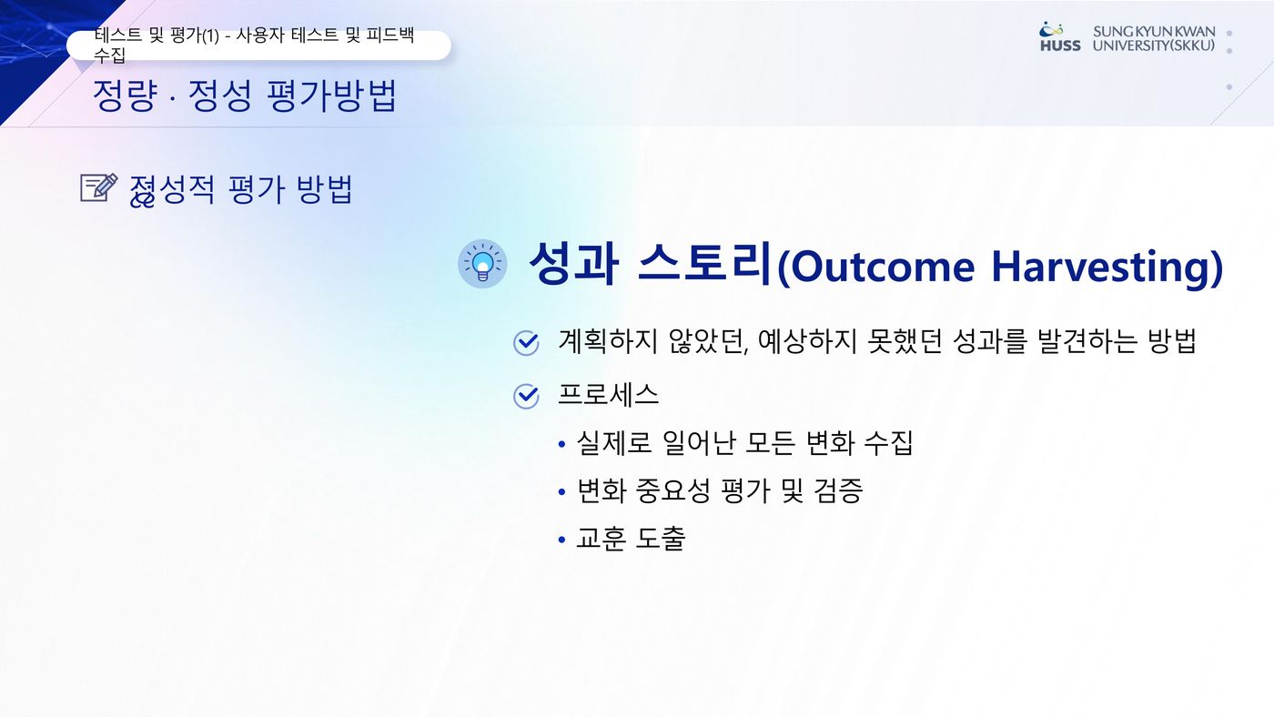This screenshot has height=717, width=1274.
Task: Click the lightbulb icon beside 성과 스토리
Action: tap(482, 263)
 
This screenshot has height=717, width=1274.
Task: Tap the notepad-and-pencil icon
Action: tap(99, 187)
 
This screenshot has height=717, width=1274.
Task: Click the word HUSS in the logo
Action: tap(1060, 46)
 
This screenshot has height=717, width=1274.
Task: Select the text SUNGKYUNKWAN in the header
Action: tap(1154, 31)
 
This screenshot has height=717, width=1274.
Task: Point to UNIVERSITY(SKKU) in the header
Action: tap(1154, 46)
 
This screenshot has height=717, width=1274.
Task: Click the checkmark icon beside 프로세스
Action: tap(526, 397)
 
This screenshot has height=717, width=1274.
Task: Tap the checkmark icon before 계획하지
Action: tap(526, 343)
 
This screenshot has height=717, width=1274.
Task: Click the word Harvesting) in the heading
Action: tap(1107, 267)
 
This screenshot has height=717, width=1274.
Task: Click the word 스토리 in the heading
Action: tap(705, 263)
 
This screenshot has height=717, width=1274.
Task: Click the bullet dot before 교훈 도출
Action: tap(562, 539)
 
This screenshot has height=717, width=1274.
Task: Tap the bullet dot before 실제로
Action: tap(562, 443)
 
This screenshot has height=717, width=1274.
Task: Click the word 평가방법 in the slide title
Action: tap(331, 96)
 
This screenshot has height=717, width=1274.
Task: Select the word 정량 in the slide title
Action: tap(124, 96)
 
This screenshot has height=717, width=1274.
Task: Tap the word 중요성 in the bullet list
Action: tap(672, 490)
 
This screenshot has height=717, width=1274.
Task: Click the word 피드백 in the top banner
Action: tap(390, 35)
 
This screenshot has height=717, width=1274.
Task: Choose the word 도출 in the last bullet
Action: tap(660, 538)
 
